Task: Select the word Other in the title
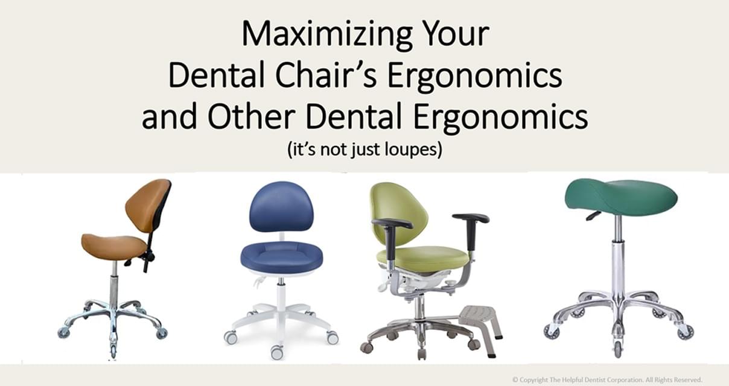(251, 116)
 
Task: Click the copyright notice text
(607, 379)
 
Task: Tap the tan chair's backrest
(148, 204)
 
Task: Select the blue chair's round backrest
(281, 207)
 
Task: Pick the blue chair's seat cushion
(281, 257)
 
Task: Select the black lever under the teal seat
(593, 215)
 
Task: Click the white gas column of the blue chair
(281, 293)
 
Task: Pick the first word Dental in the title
(217, 75)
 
